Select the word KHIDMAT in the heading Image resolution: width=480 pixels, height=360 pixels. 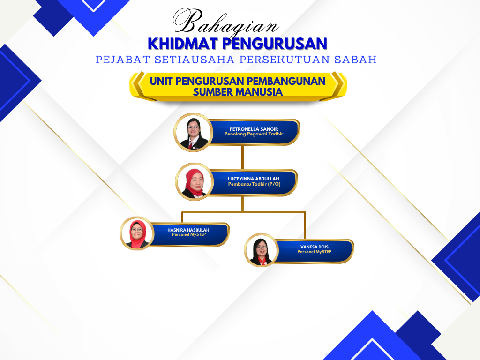click(183, 44)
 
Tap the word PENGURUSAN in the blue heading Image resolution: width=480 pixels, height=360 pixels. click(275, 44)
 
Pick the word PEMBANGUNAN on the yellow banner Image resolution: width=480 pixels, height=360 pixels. click(286, 81)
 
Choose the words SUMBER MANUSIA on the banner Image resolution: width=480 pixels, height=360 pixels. click(238, 92)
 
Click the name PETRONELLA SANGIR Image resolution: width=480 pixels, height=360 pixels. click(254, 129)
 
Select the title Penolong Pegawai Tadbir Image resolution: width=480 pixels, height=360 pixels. click(254, 134)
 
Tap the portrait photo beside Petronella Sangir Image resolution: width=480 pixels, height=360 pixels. click(194, 132)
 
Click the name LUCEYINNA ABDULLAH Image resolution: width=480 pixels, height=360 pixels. click(254, 179)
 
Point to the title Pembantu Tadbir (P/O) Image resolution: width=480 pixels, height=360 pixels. click(254, 184)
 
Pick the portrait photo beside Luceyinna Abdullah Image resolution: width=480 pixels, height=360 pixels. click(195, 182)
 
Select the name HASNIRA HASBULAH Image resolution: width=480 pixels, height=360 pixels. click(188, 230)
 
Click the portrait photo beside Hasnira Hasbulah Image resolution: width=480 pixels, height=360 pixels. click(137, 233)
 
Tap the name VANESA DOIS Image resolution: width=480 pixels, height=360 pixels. click(315, 247)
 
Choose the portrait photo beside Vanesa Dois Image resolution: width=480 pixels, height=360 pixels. click(261, 250)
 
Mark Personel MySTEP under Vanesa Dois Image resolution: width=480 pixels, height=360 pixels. click(315, 252)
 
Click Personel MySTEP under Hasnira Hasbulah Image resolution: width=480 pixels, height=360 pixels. click(189, 234)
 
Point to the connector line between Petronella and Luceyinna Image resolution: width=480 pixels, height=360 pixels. click(243, 157)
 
